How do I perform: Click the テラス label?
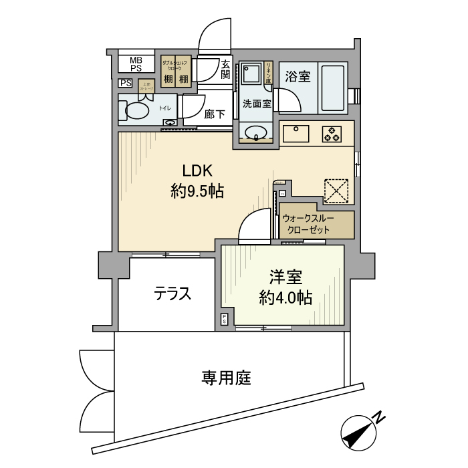coord(172,294)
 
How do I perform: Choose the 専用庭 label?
coord(226,378)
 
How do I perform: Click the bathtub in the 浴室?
coord(332,88)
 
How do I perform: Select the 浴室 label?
coord(296,76)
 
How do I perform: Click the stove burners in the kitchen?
coord(332,134)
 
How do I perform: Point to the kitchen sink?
coord(295,133)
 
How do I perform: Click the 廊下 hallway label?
coord(214,114)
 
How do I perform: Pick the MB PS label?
coord(136,64)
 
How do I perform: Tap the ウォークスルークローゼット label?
coord(308,224)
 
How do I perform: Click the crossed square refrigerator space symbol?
coord(336,190)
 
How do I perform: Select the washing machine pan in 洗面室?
coord(253,74)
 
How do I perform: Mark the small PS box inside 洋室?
coord(225,319)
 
